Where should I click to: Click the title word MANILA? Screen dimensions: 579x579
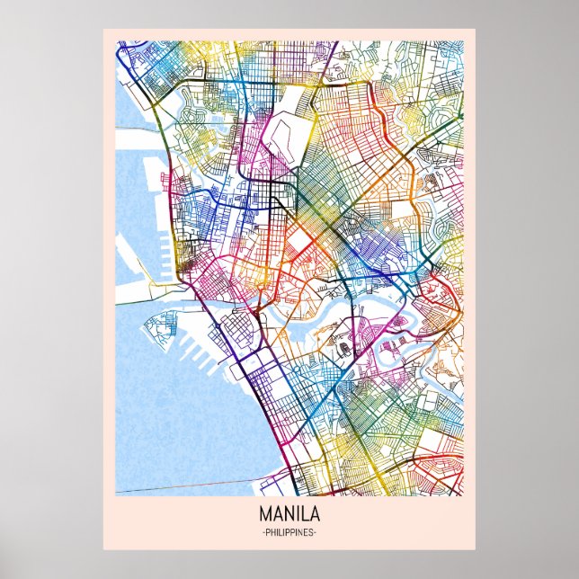[x=289, y=517]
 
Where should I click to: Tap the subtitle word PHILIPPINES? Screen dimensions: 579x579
[x=289, y=534]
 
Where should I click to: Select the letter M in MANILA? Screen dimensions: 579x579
[x=266, y=517]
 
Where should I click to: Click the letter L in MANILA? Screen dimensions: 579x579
[x=306, y=517]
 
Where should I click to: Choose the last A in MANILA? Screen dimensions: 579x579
[x=316, y=517]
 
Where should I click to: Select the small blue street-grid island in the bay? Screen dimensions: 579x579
[x=166, y=328]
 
